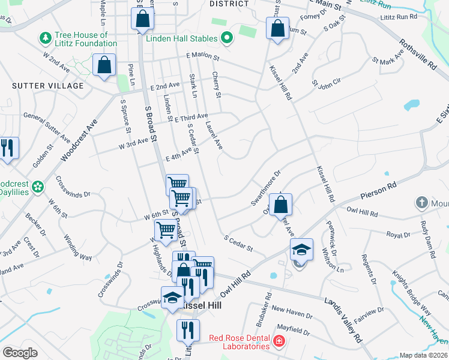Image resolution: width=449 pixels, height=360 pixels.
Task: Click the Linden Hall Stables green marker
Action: pos(226,40)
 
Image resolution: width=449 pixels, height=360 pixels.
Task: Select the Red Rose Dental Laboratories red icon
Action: pos(279,342)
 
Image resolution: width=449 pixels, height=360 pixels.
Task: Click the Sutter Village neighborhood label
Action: pos(48,86)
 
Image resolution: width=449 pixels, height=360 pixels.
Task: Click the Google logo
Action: pos(20,353)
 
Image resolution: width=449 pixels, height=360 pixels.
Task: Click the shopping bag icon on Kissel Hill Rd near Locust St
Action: pos(277,28)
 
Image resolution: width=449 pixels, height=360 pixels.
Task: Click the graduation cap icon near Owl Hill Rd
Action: pos(301,249)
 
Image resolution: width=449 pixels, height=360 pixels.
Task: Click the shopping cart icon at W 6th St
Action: pos(166,229)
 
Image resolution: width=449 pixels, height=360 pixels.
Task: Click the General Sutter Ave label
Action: pos(47,115)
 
